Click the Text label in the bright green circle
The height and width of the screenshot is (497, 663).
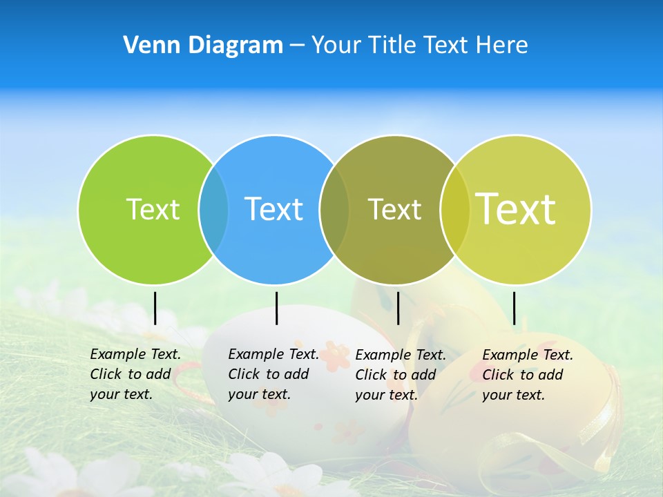153,209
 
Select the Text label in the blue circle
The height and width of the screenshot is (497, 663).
274,209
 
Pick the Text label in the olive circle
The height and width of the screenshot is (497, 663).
394,209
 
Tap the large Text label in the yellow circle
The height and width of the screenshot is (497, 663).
516,208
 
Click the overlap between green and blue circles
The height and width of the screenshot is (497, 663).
214,209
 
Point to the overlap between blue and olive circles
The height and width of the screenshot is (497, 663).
335,209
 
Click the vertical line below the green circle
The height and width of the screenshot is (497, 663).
155,308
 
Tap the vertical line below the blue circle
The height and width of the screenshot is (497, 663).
276,308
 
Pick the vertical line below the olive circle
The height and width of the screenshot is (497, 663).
398,308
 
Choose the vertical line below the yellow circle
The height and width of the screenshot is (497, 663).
515,308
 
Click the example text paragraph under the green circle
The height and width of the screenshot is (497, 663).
135,374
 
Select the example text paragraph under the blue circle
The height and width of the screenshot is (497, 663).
273,374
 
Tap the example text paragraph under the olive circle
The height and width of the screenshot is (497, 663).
400,375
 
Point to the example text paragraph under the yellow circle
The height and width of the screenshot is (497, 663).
527,375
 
